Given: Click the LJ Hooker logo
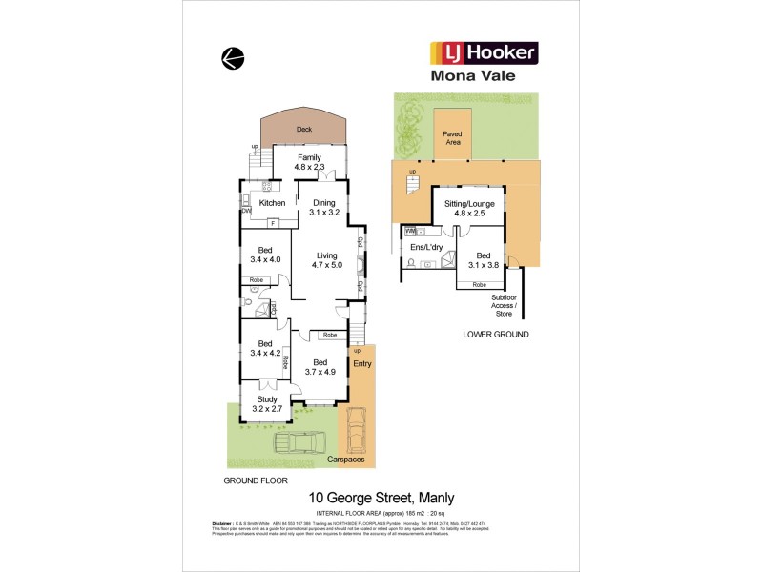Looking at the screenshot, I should (x=485, y=51).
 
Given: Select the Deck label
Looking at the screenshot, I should (x=304, y=129).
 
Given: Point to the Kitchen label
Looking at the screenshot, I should (x=273, y=203).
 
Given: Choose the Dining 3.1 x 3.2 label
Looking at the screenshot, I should (x=324, y=207).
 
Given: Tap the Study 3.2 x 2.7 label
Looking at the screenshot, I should (x=266, y=403).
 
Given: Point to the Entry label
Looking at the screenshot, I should (x=362, y=363).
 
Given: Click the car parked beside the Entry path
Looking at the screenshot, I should (x=355, y=430).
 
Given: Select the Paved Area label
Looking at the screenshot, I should (x=452, y=139).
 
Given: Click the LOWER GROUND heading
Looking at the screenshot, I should (x=495, y=335).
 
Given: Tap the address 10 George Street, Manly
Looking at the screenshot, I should (x=381, y=498).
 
